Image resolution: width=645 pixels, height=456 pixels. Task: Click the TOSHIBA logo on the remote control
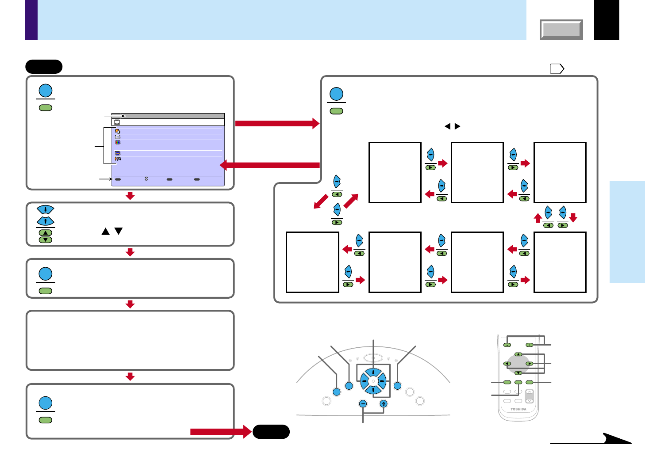[518, 409]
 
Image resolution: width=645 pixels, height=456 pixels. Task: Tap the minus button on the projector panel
[363, 403]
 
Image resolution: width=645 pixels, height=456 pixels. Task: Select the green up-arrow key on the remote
[518, 354]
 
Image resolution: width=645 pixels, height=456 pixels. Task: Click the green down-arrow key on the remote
[518, 373]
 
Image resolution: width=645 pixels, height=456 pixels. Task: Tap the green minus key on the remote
[507, 345]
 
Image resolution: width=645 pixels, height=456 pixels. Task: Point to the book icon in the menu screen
[117, 122]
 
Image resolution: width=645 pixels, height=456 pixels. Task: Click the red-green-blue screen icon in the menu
[118, 142]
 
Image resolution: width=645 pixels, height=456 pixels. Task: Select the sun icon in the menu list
[118, 131]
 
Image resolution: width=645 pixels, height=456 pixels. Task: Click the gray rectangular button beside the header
[561, 30]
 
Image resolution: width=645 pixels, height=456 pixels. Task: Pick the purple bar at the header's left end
[31, 20]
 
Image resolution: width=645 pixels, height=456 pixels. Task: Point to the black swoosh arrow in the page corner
[615, 438]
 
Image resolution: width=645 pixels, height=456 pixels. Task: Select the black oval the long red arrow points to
[271, 432]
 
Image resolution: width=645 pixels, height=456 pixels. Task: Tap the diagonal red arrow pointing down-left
[321, 201]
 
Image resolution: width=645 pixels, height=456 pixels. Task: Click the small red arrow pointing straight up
[538, 218]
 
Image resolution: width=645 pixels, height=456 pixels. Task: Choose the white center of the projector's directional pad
[373, 381]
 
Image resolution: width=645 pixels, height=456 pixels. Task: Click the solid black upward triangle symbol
[105, 231]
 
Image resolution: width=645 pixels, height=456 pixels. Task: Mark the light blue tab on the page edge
[627, 232]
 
